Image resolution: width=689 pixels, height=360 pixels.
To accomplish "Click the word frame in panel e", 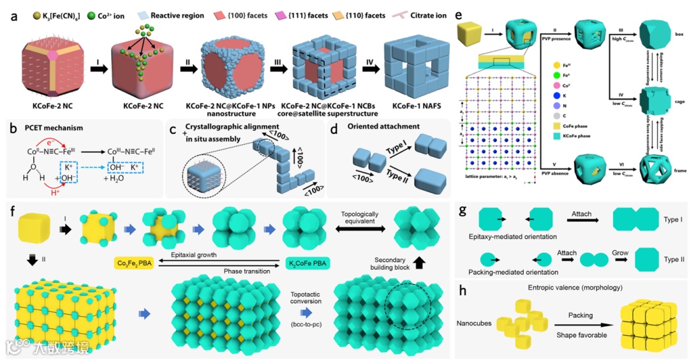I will coord(672,163).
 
